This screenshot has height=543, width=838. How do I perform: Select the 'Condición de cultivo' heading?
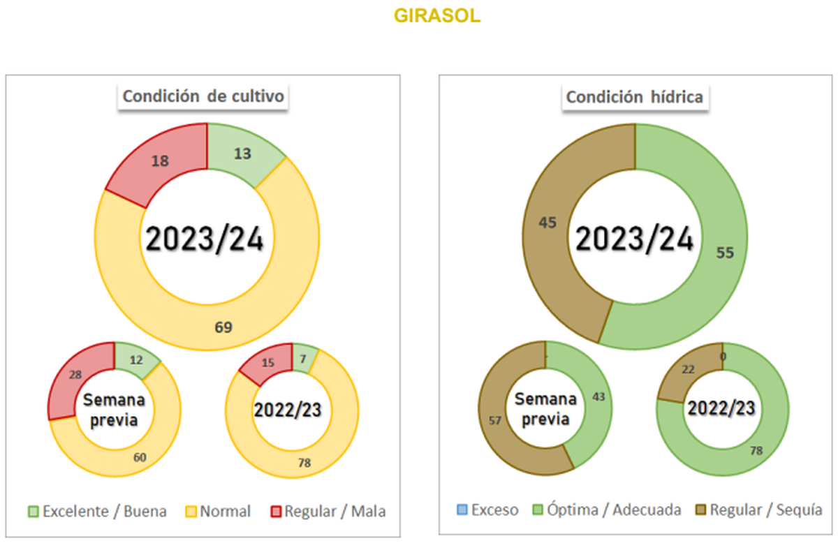point(203,96)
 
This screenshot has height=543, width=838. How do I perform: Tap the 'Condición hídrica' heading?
point(634,97)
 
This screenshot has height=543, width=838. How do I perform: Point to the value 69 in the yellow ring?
point(223,326)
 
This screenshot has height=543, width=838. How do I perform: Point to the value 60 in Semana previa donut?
point(140,456)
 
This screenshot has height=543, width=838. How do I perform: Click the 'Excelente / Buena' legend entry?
point(98,512)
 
